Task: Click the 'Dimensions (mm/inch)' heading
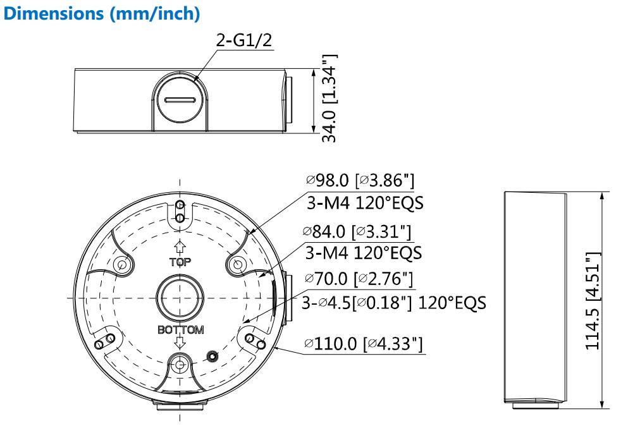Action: coord(101,14)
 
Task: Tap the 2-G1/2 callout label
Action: coord(244,40)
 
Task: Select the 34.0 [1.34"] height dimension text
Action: coord(329,99)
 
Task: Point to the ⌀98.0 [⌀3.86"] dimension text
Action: coord(360,181)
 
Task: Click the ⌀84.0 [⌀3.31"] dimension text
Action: coord(357,231)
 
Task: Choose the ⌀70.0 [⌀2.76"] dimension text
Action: coord(359,279)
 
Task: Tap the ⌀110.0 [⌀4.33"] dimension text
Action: coord(364,343)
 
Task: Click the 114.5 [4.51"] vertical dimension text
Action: coord(593,300)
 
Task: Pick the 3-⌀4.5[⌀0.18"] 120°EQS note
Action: coord(394,303)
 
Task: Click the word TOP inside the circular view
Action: coord(180,262)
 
